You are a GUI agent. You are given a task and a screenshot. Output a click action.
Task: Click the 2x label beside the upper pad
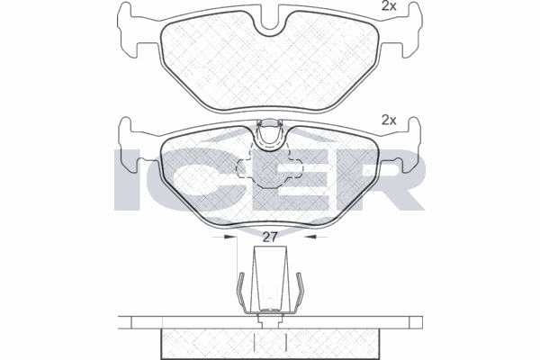[x=389, y=6]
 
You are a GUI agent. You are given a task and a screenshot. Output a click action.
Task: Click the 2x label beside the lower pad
[x=389, y=119]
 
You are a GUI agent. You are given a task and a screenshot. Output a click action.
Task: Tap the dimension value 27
[x=269, y=238]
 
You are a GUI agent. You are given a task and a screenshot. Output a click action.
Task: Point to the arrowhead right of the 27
[x=310, y=238]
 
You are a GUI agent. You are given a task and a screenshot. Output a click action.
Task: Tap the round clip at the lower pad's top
[x=269, y=135]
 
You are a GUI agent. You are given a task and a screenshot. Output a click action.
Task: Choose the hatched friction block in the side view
[x=268, y=343]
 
